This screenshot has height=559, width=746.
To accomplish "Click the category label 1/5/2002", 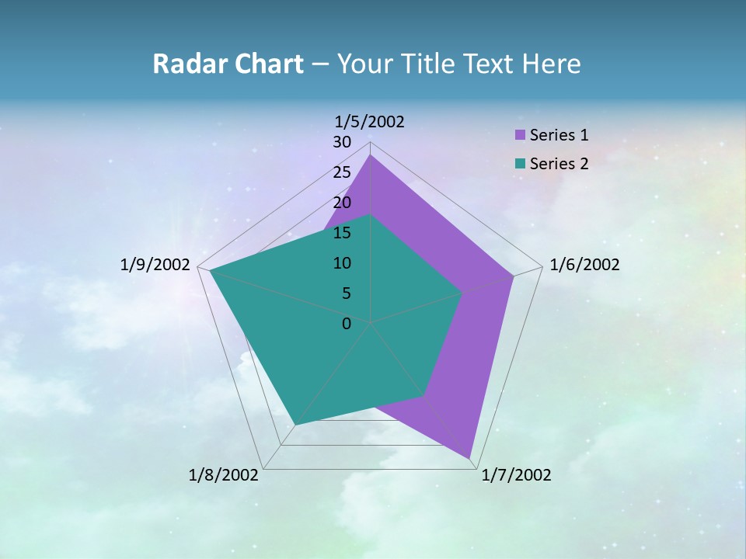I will (x=369, y=121).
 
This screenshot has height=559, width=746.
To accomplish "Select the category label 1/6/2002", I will (x=584, y=265).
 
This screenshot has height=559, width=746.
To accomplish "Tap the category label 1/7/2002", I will (x=516, y=475).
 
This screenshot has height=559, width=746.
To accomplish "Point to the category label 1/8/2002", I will (x=224, y=475).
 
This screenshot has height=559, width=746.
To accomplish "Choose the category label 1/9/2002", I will (x=155, y=265).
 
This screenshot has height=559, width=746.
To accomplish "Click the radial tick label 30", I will (x=342, y=142).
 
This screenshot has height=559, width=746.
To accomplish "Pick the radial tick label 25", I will (x=342, y=172).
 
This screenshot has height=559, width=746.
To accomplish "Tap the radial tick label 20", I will (x=342, y=203).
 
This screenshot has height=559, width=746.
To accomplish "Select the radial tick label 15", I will (x=342, y=233).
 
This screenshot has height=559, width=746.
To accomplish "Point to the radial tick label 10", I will (x=342, y=263).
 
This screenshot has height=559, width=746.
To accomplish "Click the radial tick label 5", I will (x=346, y=293).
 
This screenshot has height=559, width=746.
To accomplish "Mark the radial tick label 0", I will (x=347, y=324).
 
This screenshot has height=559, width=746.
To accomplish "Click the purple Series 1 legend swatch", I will (x=520, y=135).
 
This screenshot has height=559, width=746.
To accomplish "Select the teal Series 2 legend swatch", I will (x=520, y=164).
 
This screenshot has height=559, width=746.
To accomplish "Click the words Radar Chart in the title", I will (x=228, y=64).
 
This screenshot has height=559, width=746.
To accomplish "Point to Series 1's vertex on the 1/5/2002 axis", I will (x=371, y=155).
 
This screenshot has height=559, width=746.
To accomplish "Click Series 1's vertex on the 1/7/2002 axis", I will (x=469, y=458).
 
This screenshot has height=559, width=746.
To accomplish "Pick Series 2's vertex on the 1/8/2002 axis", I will (x=295, y=425).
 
